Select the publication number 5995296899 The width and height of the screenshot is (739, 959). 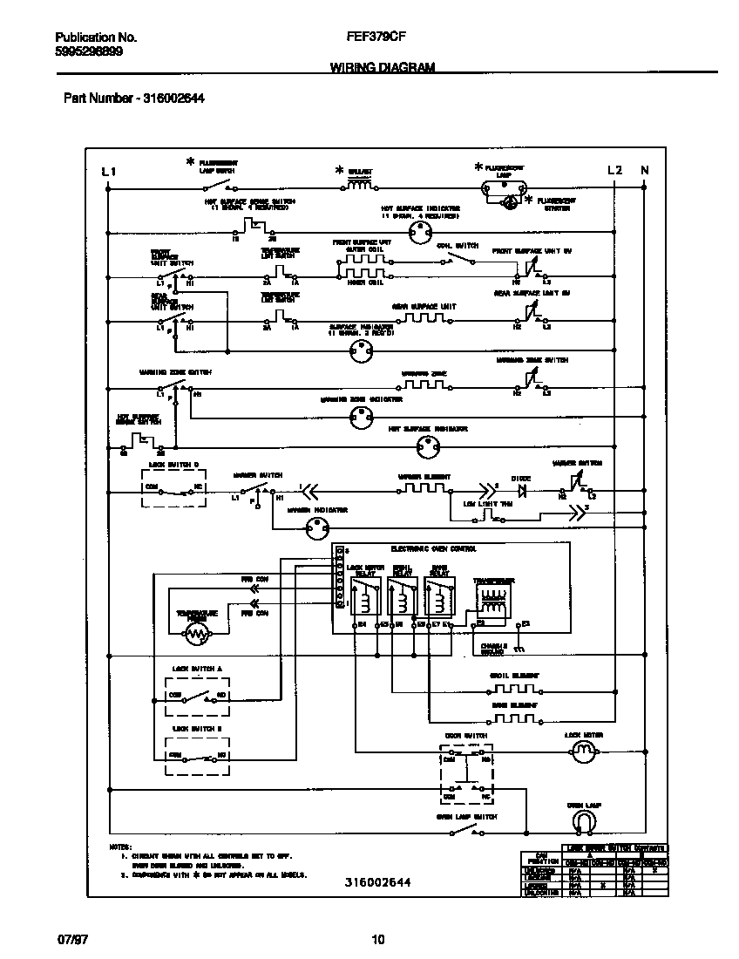click(88, 51)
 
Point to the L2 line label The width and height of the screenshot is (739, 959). click(614, 171)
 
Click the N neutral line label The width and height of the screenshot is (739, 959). click(645, 171)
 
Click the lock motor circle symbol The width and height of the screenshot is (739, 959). click(580, 758)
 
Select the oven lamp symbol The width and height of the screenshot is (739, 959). click(583, 822)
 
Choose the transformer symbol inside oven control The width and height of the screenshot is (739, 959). click(493, 602)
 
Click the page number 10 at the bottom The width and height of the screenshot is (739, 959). click(377, 939)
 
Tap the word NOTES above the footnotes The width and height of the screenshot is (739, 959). click(120, 847)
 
